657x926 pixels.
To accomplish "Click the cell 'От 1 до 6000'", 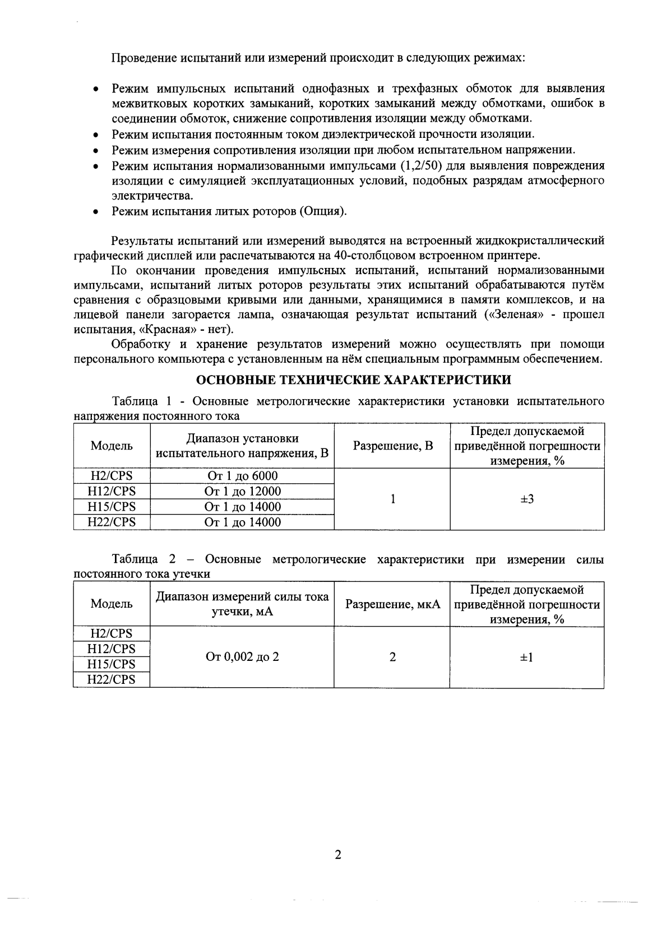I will pyautogui.click(x=242, y=476).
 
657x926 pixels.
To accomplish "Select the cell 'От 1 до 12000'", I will pyautogui.click(x=242, y=492).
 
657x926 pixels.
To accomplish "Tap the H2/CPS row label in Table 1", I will pyautogui.click(x=112, y=476).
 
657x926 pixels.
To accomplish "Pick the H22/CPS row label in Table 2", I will pyautogui.click(x=112, y=680).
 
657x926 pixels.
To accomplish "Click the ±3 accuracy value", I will pyautogui.click(x=527, y=499).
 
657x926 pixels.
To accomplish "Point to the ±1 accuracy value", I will pyautogui.click(x=527, y=657).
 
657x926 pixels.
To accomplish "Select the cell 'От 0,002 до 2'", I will pyautogui.click(x=242, y=657).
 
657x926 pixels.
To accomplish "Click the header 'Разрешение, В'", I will pyautogui.click(x=392, y=446).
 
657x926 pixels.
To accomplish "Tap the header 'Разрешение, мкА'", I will pyautogui.click(x=392, y=604).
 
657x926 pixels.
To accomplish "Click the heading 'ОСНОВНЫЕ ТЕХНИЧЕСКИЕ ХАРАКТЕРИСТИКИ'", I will pyautogui.click(x=354, y=380).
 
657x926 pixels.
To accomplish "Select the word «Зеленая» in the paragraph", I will pyautogui.click(x=515, y=314).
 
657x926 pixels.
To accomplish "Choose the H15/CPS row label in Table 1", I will pyautogui.click(x=112, y=507).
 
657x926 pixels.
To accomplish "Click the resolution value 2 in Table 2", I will pyautogui.click(x=392, y=657).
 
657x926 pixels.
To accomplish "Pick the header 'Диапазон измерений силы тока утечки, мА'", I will pyautogui.click(x=242, y=604).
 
